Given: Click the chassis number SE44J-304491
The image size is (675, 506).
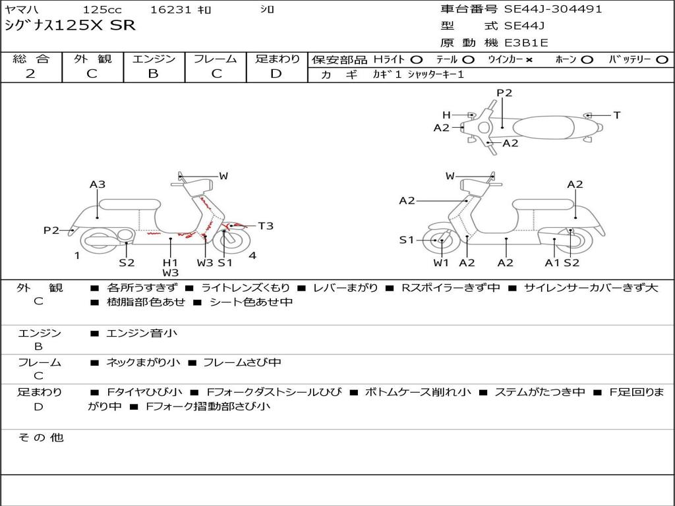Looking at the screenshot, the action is tap(553, 9).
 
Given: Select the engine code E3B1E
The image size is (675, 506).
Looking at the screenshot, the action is tap(527, 43).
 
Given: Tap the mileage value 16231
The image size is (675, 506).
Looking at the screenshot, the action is tap(171, 10).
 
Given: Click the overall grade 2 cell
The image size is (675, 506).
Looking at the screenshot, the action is tap(30, 74).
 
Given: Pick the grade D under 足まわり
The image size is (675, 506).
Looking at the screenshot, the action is tap(276, 74).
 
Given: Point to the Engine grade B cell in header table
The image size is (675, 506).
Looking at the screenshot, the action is tap(154, 74).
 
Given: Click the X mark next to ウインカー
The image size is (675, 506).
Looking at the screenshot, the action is tap(529, 60).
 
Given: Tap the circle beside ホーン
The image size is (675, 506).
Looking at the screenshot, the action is tap(587, 60).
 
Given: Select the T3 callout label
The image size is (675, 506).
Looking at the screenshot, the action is tap(265, 226).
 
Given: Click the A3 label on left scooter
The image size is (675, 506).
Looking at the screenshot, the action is tap(98, 184).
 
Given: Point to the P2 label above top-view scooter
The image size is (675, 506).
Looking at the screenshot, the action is tap(504, 93).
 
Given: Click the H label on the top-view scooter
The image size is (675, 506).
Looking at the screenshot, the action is tap(446, 115).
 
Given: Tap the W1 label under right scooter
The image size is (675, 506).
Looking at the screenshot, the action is tap(441, 263).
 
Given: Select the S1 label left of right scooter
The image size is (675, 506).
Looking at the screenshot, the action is tap(407, 240).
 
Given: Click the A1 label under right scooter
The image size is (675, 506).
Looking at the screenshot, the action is tap(552, 263).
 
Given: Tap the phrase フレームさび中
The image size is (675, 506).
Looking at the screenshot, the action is tap(242, 362).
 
